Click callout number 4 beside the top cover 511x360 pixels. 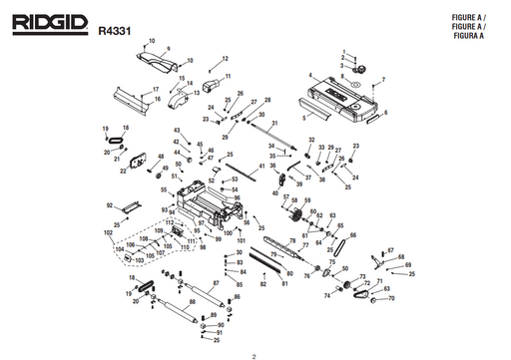point(310,76)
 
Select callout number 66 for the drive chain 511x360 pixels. point(352,235)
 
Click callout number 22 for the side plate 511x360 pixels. point(123,172)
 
